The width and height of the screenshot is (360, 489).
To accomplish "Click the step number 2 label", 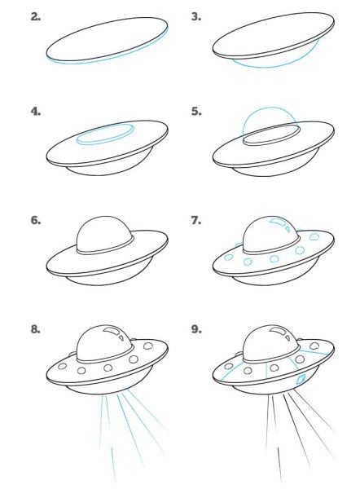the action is click(36, 17).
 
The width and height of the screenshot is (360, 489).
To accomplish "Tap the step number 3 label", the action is click(196, 17).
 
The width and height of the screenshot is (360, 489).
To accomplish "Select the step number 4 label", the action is click(36, 112).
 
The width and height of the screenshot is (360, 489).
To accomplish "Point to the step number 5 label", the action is click(196, 112).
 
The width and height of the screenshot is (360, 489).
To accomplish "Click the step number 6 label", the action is click(36, 220).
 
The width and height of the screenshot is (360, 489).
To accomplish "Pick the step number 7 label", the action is click(196, 220).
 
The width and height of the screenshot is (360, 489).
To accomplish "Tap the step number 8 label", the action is click(36, 329).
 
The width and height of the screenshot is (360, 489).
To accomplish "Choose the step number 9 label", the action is click(196, 329).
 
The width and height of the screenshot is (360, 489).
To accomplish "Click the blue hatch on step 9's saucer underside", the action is click(301, 380).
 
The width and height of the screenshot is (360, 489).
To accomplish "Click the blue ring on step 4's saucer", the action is click(105, 144).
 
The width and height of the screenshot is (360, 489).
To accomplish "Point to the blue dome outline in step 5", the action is click(270, 108).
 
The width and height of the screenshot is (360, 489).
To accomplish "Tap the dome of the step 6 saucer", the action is click(104, 232).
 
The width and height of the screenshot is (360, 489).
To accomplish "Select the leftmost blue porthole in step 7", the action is click(229, 258).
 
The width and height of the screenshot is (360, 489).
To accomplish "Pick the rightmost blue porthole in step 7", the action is click(314, 236).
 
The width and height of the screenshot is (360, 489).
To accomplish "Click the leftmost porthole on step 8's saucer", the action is click(63, 366).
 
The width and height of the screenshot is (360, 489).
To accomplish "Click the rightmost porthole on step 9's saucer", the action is click(314, 346).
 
